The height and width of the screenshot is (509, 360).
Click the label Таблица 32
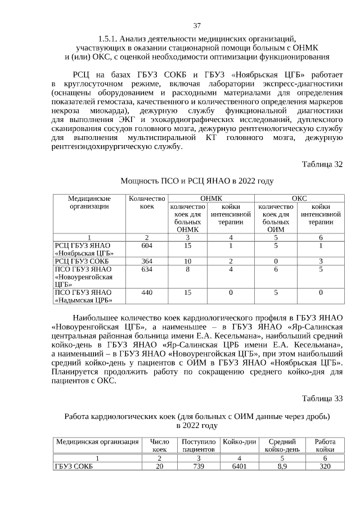click(x=322, y=164)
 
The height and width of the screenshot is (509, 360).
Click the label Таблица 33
click(x=322, y=399)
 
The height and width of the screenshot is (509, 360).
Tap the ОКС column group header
click(x=298, y=198)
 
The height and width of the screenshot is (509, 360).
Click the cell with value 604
click(x=146, y=245)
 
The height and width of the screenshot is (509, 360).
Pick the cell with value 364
click(x=146, y=262)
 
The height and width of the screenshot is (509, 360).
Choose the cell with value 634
click(x=146, y=269)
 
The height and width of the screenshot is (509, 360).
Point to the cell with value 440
click(x=146, y=292)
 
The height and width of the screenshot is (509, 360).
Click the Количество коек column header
click(x=146, y=202)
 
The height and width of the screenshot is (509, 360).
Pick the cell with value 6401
click(x=240, y=466)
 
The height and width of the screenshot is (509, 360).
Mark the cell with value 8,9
click(x=282, y=466)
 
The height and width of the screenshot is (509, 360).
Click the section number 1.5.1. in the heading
click(x=108, y=39)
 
